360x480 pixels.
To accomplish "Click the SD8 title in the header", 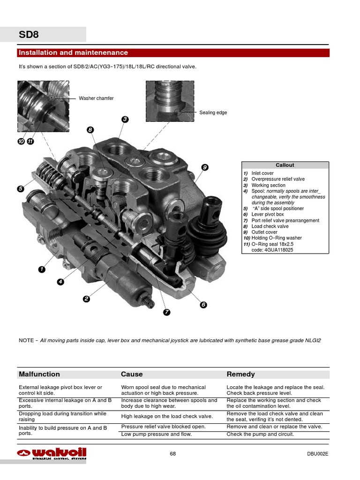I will coord(29,35).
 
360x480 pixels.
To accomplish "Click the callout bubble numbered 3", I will coord(125,120).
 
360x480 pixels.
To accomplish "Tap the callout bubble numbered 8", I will coord(90,130).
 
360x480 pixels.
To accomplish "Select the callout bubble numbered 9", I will coord(204,167).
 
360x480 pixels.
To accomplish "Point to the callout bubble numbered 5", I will coord(21,189).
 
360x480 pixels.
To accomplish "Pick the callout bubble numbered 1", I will coord(42,270).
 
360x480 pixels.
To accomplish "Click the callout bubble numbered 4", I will coord(60,282).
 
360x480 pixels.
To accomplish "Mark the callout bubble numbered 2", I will coord(86,299).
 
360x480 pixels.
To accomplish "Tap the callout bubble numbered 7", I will coord(166,312).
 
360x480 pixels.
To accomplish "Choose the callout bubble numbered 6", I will coord(203,305).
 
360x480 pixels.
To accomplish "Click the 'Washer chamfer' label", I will coord(96,98).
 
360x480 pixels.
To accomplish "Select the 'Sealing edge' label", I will coord(213,113).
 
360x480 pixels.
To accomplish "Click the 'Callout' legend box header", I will coord(285,165).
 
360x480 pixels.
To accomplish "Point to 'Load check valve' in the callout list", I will coord(270,226).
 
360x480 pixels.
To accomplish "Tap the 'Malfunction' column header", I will coord(39,374).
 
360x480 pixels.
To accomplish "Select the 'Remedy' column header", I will coord(240,374).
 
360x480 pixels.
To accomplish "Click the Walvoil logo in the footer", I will coord(52,453).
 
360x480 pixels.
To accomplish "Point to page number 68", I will coord(173,454).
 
